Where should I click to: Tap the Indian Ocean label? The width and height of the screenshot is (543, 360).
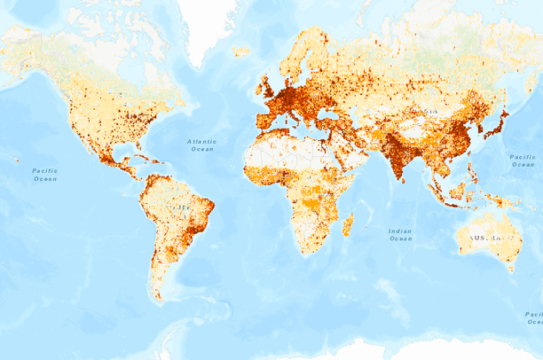click(400, 234)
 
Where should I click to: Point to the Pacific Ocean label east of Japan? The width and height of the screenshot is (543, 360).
click(523, 160)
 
